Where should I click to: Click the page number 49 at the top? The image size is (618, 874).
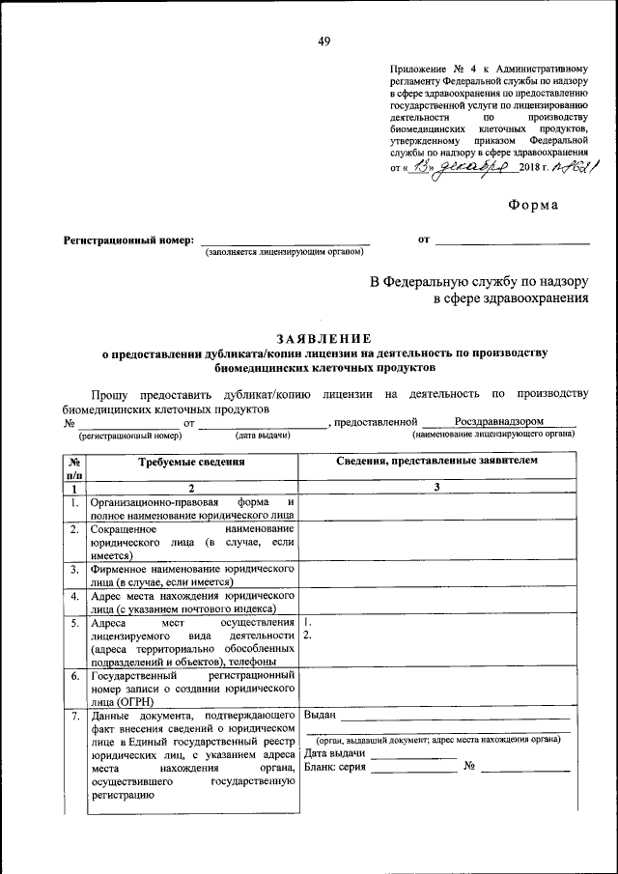(x=323, y=41)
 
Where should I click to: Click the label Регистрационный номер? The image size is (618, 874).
(x=128, y=240)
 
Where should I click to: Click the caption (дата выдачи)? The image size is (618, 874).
(x=264, y=435)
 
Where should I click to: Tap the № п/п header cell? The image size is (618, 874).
(x=74, y=468)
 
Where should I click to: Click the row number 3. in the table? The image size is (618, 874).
(x=74, y=571)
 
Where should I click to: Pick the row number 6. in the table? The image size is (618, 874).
(x=74, y=677)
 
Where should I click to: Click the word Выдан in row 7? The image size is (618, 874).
(x=320, y=715)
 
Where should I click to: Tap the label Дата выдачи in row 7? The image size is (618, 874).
(x=334, y=753)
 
